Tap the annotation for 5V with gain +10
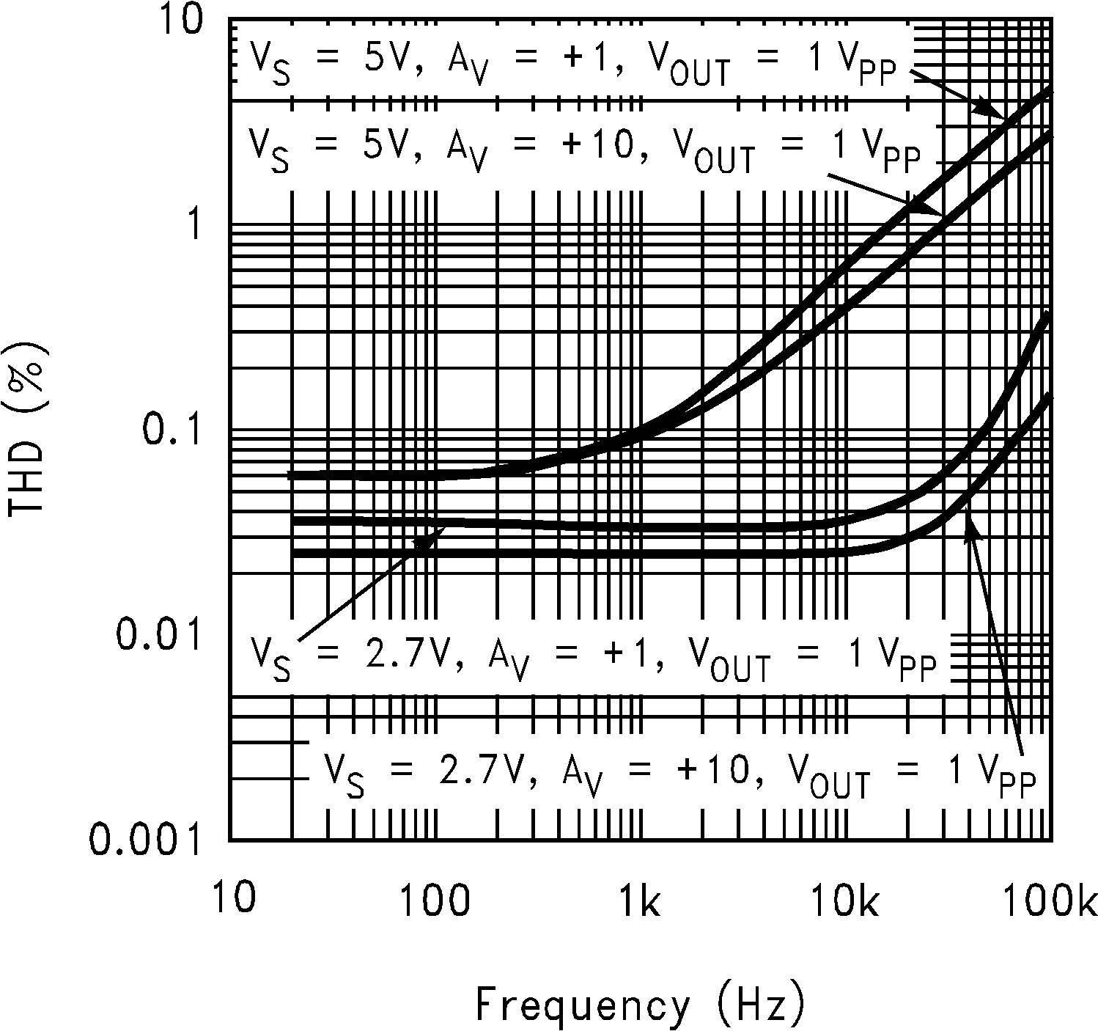pyautogui.click(x=583, y=150)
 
